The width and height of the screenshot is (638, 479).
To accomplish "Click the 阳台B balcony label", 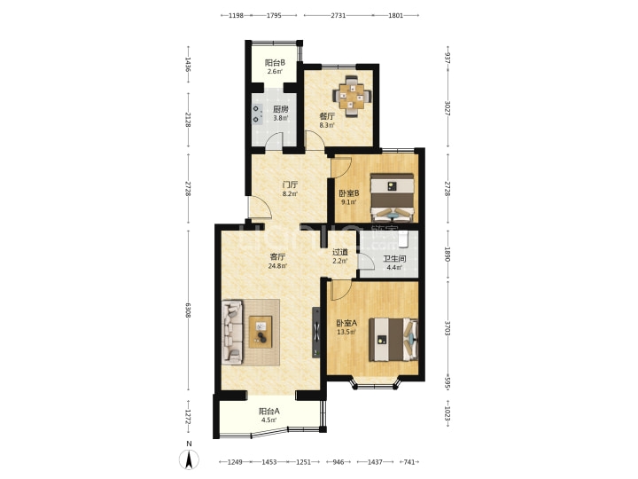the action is (x=275, y=63).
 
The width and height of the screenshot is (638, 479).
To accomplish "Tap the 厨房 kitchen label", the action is (x=281, y=109).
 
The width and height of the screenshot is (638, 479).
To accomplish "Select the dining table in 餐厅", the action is (x=353, y=97).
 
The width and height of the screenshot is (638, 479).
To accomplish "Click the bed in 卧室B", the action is (x=392, y=198).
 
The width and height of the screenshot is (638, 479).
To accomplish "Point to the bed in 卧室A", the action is (x=393, y=340).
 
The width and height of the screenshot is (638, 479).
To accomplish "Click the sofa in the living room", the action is (x=232, y=332).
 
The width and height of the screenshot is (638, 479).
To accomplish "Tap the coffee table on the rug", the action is (x=261, y=332).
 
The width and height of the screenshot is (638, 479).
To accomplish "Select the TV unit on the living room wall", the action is (x=316, y=332).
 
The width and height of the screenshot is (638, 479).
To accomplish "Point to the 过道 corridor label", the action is (x=340, y=252).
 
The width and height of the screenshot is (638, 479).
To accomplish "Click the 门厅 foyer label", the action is (x=291, y=185).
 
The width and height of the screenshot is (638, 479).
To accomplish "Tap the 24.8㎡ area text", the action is (x=277, y=266).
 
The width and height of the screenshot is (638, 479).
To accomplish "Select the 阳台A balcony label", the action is (x=269, y=412).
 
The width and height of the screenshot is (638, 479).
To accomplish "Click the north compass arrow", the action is (x=190, y=459).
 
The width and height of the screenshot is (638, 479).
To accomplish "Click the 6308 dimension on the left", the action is (x=188, y=310).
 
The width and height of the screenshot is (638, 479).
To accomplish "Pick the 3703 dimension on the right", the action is (x=447, y=328).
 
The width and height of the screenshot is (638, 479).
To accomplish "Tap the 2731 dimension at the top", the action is (x=338, y=15).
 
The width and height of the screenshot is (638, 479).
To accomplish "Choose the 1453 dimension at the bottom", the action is (x=269, y=462).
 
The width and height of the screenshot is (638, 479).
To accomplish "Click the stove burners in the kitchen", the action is (x=256, y=114).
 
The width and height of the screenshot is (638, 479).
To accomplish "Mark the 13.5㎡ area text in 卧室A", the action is (x=346, y=332).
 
